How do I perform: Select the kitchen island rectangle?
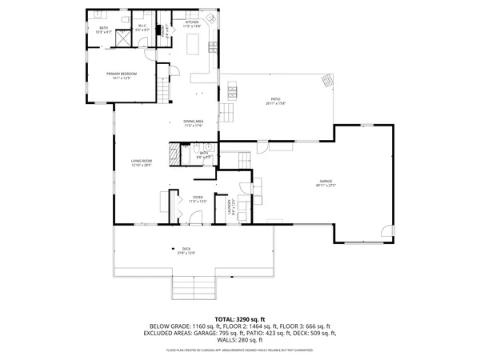point(193,46)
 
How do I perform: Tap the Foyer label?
point(198,200)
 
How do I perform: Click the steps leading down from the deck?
point(194,286)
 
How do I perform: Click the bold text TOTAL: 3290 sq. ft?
point(239,320)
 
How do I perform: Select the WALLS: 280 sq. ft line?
point(239,342)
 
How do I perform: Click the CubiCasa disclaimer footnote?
point(239,350)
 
